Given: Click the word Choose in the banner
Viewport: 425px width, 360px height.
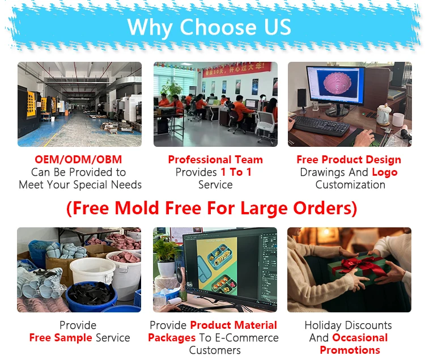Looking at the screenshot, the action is (218, 27).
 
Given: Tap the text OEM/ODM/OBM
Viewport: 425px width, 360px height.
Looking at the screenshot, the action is (78, 159).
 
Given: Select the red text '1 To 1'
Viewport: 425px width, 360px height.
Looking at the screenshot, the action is (236, 172).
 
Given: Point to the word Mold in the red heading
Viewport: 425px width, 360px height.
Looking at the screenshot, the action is (137, 208).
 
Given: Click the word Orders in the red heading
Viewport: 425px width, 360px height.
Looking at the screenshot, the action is (322, 208).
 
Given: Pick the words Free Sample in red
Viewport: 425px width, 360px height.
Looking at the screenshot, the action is (61, 338).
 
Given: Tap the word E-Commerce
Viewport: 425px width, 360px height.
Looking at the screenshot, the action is (246, 338).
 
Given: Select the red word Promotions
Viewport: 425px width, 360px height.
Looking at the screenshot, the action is (350, 350).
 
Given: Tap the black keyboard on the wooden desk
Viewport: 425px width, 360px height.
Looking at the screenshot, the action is (321, 125).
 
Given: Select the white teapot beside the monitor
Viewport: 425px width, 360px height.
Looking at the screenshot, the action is (383, 115).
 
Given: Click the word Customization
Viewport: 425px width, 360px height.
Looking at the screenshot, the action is (350, 185).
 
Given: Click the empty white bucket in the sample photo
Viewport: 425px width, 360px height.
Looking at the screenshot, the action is (93, 271).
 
